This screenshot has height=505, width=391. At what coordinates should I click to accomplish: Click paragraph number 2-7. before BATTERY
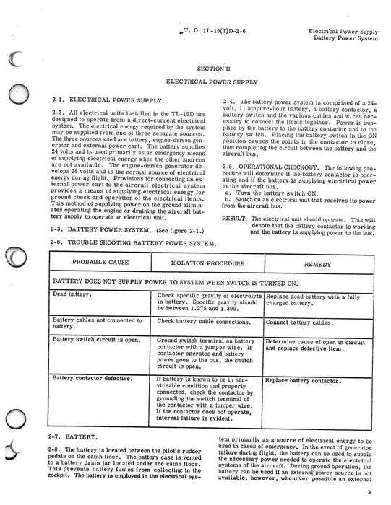click(59, 437)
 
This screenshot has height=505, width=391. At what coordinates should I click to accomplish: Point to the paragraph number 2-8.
click(59, 451)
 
